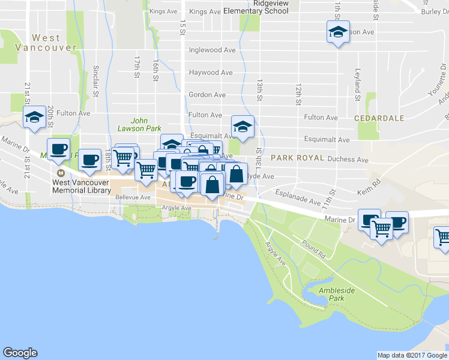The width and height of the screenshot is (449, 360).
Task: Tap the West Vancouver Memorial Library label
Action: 82,187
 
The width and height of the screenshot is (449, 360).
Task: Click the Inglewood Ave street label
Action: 212,50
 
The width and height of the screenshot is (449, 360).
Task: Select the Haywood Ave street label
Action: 211,73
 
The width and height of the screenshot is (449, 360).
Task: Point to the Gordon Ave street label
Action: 207,95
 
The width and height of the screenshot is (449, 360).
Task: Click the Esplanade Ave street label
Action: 298,197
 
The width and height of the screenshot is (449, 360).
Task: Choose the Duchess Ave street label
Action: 348,160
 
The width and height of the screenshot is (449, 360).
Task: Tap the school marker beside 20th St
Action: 34,117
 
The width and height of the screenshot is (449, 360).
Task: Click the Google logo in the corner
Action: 20,353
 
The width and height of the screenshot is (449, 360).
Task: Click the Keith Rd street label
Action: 369,187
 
